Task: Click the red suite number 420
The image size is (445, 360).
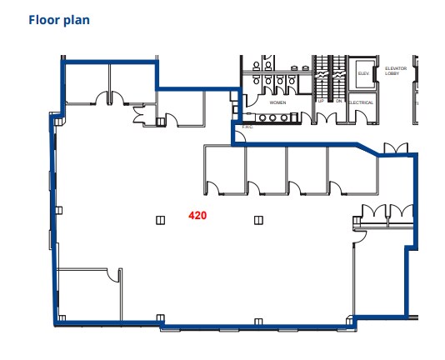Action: (197, 215)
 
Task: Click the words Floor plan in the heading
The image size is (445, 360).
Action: (58, 19)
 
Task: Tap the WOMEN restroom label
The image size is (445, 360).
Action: (278, 102)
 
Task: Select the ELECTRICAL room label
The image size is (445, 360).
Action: (361, 102)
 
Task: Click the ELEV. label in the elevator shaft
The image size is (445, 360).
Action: (363, 73)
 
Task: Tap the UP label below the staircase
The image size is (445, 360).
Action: (321, 102)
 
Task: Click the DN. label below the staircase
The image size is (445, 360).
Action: (339, 102)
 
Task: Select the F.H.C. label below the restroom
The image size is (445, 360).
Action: (247, 127)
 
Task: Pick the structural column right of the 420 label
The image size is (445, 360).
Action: (258, 220)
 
